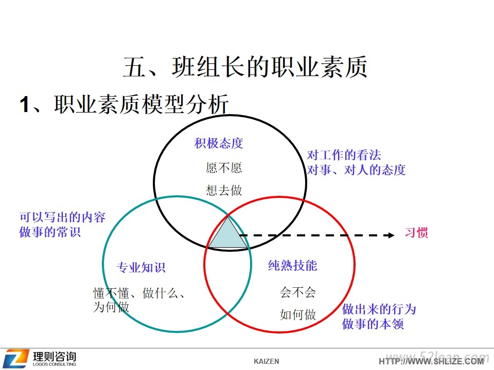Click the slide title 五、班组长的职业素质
coord(245,66)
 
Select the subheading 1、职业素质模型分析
coord(124,104)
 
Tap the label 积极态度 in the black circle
coord(219,143)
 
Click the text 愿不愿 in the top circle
coord(224,168)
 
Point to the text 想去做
coord(224,190)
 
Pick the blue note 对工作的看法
coord(344,155)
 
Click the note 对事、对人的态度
coord(356,170)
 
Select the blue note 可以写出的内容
coord(62,217)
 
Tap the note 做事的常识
coord(50,232)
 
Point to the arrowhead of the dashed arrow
coord(391,235)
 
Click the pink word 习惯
coord(416,233)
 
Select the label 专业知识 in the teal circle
coord(141,267)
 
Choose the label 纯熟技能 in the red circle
coord(292,266)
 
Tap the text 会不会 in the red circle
coord(298,292)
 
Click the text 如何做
coord(298,314)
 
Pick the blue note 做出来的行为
coord(379,309)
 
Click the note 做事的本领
coord(373,324)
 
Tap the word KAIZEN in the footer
coord(267,361)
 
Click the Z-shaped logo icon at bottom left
coord(16,358)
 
